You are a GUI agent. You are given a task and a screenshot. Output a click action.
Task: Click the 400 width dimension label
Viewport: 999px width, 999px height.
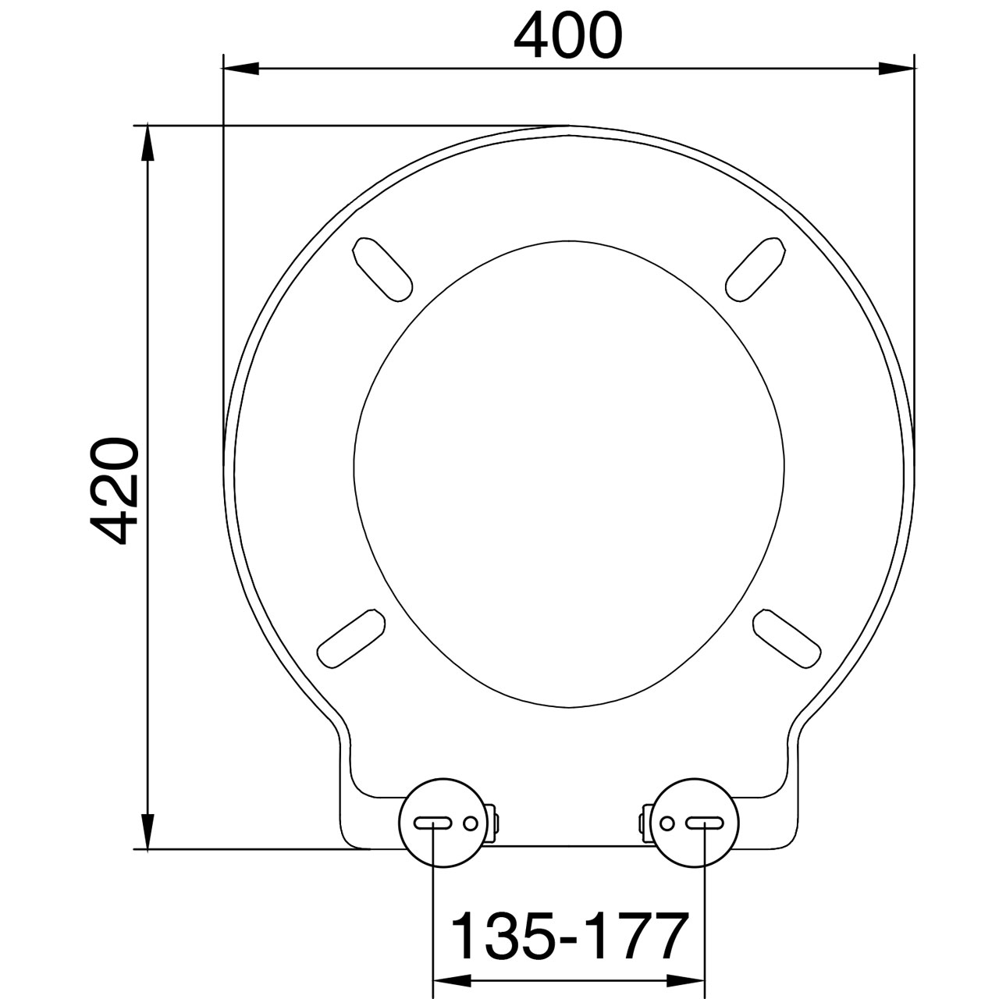coord(568,36)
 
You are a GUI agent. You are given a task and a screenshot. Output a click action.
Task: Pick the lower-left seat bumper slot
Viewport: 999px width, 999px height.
coord(351,638)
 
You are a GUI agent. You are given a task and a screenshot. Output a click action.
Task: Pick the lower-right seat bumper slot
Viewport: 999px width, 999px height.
coord(787,638)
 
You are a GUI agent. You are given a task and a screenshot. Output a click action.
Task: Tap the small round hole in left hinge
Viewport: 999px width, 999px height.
coord(470,823)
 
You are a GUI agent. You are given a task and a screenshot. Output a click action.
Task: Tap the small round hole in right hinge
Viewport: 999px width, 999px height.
coord(667,823)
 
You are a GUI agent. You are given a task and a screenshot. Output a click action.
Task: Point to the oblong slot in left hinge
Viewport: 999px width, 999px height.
coord(432,823)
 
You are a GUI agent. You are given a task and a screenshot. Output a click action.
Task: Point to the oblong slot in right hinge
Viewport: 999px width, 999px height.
coord(704,823)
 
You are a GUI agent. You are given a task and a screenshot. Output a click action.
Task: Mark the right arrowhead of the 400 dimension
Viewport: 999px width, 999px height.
coord(898,69)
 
